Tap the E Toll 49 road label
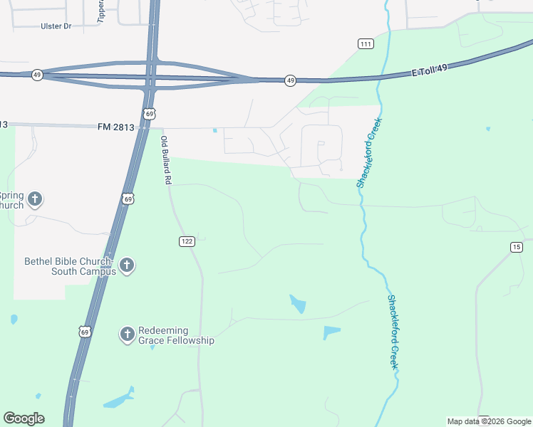coord(430,70)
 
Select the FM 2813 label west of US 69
coord(115,127)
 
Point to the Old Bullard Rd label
coord(165,161)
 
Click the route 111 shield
coord(366,44)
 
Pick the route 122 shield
coord(187,242)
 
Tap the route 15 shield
coord(517,247)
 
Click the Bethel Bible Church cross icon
coord(127,265)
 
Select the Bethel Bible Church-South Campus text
coord(70,265)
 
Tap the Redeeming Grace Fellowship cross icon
coord(127,334)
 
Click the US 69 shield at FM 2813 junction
coord(148,114)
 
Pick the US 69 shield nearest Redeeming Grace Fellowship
coord(86,332)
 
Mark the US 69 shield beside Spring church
coord(127,199)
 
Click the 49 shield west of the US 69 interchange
coord(36,75)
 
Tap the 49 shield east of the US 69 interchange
coord(290,81)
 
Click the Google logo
coord(24,418)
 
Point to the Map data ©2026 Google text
coord(488,421)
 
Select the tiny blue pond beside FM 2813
coord(214,130)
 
